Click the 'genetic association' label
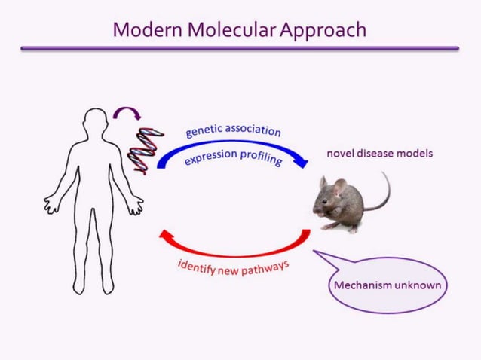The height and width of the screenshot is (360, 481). coord(233,130)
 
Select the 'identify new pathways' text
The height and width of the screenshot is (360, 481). coord(233,267)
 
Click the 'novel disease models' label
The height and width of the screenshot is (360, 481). coord(379,154)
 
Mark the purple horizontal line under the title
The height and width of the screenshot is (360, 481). coord(240,48)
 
